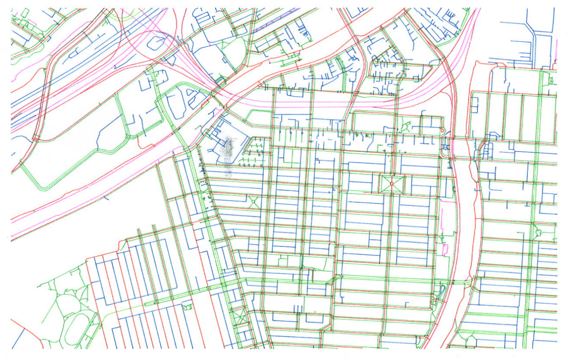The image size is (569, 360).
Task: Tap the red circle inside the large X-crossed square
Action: point(392,184)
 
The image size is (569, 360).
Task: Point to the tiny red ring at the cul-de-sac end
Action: point(442,130)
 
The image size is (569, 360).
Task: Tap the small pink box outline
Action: point(445,249)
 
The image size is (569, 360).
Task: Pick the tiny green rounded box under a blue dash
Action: point(187,307)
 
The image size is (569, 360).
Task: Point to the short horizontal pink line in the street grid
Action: point(448,201)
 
